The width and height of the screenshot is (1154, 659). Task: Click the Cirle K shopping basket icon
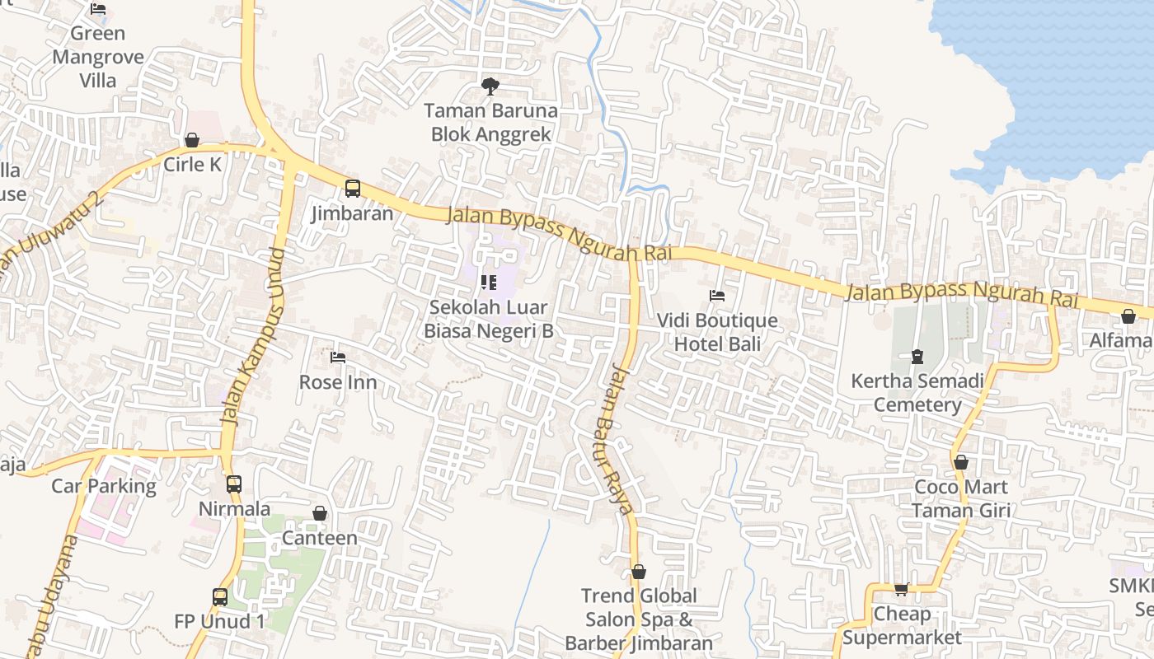192,140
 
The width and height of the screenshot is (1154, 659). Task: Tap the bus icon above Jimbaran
353,189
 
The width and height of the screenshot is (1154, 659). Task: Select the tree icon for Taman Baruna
490,86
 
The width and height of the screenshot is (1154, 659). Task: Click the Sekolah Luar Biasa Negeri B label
488,319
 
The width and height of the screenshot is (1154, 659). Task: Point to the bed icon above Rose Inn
338,358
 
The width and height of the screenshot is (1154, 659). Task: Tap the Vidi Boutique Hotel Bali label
717,332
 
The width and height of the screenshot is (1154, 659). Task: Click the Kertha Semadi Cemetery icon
917,357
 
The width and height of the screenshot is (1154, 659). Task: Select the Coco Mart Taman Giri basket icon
961,462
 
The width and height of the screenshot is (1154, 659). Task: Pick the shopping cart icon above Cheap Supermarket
902,589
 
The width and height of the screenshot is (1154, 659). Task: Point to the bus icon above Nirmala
234,484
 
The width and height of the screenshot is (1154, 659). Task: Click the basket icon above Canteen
320,514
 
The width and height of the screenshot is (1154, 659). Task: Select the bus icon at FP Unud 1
220,596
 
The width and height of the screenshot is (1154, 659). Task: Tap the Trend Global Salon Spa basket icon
639,572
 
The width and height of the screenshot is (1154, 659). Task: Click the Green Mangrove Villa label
98,57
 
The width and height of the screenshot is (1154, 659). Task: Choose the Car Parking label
104,486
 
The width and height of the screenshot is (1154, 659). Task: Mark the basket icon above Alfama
1128,316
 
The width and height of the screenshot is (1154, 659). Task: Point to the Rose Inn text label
338,382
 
